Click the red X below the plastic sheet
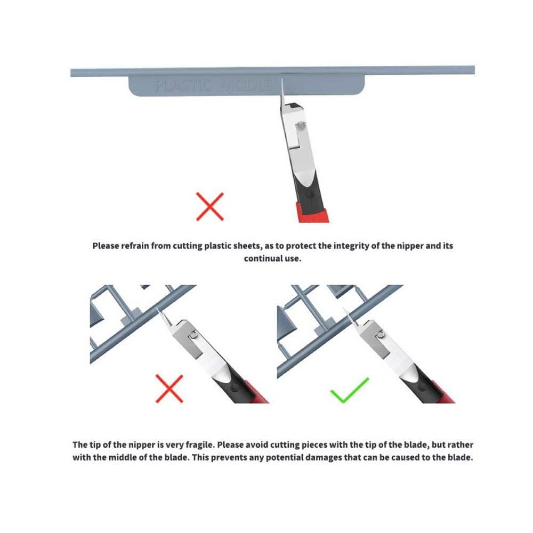209,207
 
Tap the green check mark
350,391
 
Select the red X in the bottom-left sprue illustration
169,389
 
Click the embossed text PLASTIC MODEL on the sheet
214,86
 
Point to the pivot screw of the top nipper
301,126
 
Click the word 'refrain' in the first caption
135,246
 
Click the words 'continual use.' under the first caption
272,259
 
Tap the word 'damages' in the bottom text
321,457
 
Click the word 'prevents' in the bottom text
229,457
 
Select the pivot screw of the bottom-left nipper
193,336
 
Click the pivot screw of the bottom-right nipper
381,335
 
